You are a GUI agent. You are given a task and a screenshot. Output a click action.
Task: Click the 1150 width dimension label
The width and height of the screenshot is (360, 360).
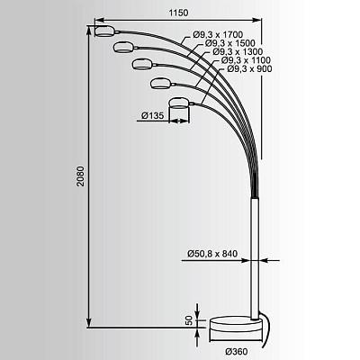(x=178, y=13)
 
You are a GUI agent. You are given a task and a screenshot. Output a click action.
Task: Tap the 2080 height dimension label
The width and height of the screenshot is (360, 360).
(x=80, y=176)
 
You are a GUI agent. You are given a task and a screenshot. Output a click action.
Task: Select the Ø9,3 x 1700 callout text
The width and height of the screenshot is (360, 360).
(x=218, y=35)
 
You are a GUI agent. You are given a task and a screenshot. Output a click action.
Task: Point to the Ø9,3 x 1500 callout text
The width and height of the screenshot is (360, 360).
(x=230, y=43)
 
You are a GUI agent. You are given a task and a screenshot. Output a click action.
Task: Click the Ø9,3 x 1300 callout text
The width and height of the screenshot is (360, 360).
(x=238, y=52)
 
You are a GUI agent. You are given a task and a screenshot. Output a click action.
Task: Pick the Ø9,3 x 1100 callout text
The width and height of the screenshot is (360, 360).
(x=246, y=60)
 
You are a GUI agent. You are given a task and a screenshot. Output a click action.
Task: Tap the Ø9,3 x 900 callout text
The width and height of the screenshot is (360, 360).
(x=249, y=69)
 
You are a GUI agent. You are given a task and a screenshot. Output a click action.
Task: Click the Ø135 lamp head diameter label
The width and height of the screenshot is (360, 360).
(x=153, y=115)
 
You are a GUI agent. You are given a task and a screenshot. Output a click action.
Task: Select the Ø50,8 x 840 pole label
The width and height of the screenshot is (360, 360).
(x=212, y=254)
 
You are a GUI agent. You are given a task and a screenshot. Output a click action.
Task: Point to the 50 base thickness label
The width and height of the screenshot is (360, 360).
(x=189, y=320)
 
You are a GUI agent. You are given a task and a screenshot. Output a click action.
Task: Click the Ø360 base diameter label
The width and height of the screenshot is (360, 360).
(x=237, y=351)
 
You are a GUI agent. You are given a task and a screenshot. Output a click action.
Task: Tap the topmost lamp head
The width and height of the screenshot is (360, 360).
(x=104, y=31)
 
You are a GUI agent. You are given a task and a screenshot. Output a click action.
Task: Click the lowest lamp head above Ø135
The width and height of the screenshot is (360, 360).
(x=179, y=103)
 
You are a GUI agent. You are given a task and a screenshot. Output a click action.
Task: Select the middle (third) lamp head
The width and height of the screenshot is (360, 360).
(x=142, y=64)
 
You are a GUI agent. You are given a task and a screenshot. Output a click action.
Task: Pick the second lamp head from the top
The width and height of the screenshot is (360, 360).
(x=123, y=47)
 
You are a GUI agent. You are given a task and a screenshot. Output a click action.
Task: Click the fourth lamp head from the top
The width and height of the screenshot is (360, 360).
(x=161, y=83)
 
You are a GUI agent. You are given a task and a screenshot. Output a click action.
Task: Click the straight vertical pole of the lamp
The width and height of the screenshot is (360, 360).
(x=255, y=258)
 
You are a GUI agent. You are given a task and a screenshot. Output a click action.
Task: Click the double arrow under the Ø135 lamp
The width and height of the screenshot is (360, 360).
(x=179, y=121)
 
